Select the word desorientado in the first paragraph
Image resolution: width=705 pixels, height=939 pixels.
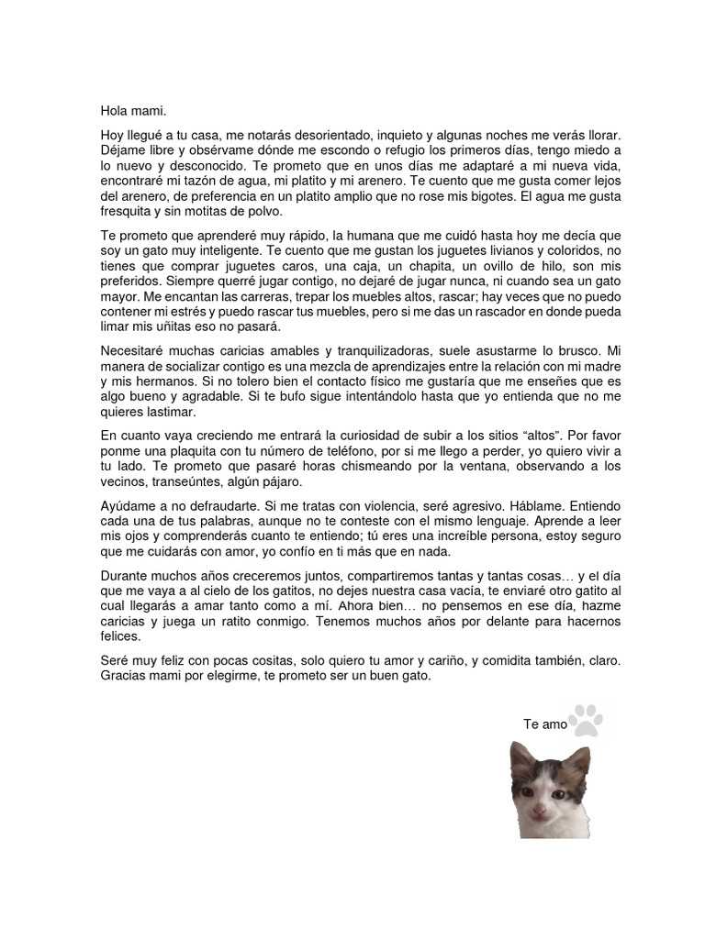[307, 135]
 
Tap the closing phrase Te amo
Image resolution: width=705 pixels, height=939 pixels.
[545, 724]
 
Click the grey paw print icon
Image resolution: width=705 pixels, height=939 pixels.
[586, 720]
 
